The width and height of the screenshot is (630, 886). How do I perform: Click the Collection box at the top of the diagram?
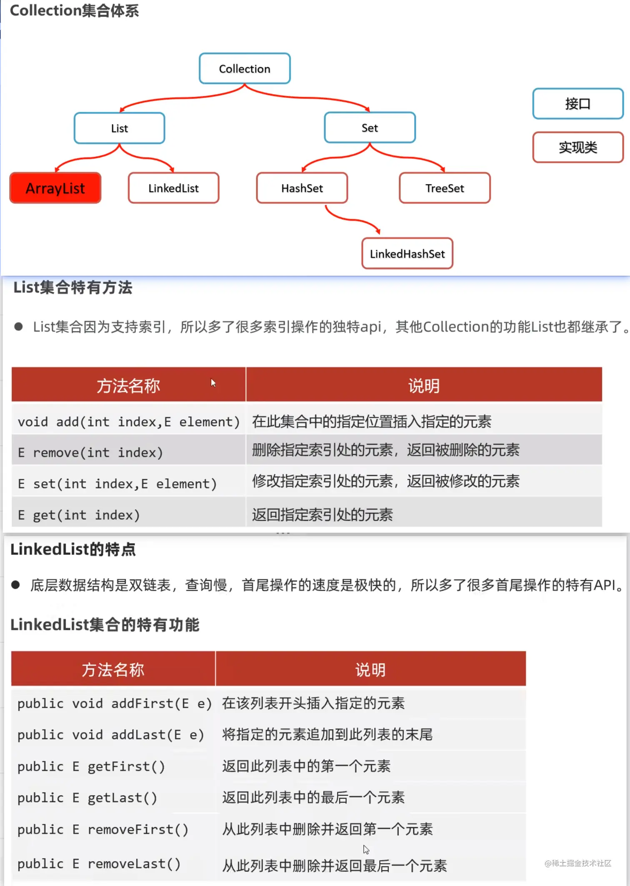tap(245, 69)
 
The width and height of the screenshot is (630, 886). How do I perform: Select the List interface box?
tap(120, 128)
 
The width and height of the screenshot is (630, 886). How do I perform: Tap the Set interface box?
tap(370, 128)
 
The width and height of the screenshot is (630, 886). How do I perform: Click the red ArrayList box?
tap(55, 188)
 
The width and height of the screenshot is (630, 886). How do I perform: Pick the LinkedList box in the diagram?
tap(173, 188)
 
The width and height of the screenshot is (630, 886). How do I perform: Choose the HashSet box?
tap(302, 188)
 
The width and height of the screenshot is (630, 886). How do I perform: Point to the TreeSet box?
tap(445, 188)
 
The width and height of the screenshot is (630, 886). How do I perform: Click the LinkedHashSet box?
tap(407, 254)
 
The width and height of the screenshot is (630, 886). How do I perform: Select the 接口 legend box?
tap(577, 104)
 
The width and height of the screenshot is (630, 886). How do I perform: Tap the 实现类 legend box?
tap(577, 147)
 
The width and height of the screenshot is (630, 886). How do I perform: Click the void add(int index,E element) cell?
tap(128, 422)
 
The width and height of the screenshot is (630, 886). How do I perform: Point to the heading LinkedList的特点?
tap(73, 549)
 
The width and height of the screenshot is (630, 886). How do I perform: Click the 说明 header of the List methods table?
tap(423, 385)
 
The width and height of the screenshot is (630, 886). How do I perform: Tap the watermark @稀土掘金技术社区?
tap(577, 863)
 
